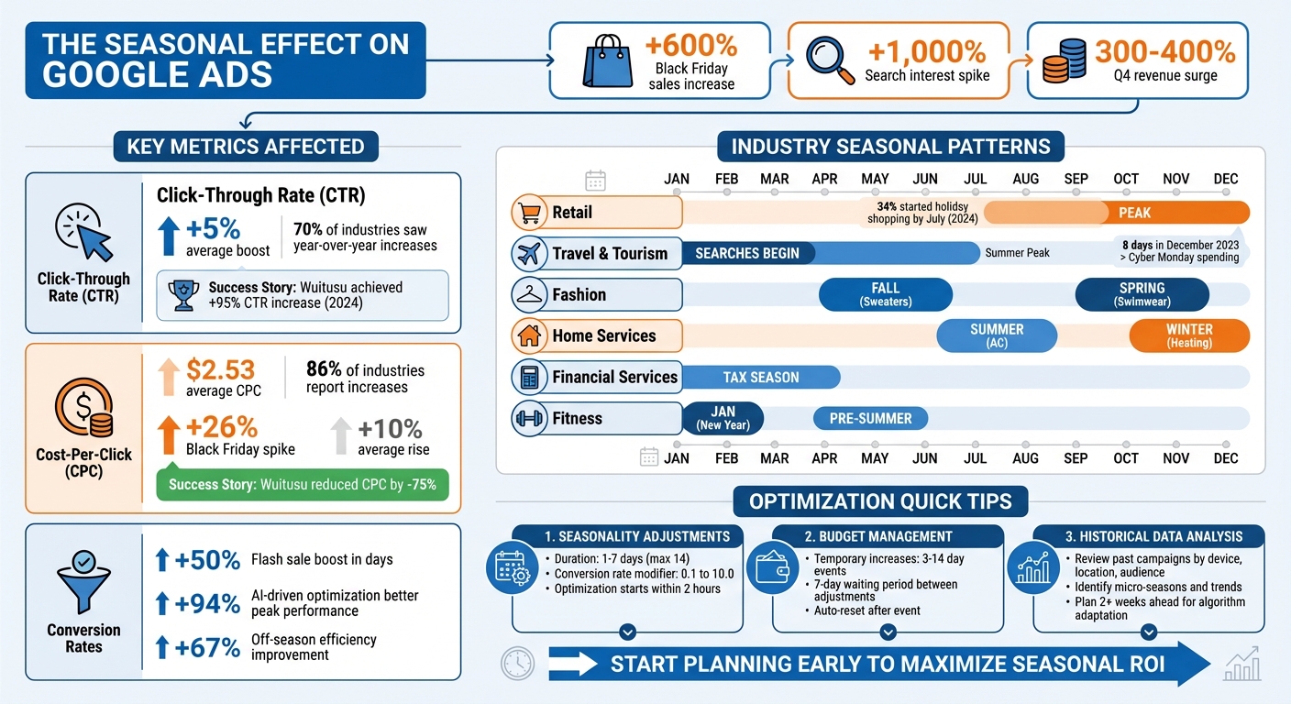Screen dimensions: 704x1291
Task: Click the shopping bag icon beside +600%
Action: point(606,60)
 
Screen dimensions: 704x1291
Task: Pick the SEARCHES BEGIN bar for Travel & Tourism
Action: point(747,253)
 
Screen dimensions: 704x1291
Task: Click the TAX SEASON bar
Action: point(760,377)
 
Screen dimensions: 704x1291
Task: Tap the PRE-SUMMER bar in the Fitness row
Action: point(870,419)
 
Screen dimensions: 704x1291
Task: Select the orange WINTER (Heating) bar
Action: point(1189,335)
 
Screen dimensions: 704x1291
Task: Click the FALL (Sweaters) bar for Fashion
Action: point(885,294)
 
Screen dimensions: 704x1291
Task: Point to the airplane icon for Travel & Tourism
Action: point(527,254)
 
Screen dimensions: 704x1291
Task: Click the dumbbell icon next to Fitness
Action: point(527,419)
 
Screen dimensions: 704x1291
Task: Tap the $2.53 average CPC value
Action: point(220,371)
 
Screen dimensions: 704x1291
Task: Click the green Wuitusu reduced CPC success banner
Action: point(303,485)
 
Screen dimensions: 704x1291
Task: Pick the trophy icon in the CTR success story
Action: point(183,294)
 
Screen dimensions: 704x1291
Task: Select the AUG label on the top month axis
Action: point(1025,179)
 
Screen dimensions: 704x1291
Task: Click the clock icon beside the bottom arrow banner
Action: point(517,663)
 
